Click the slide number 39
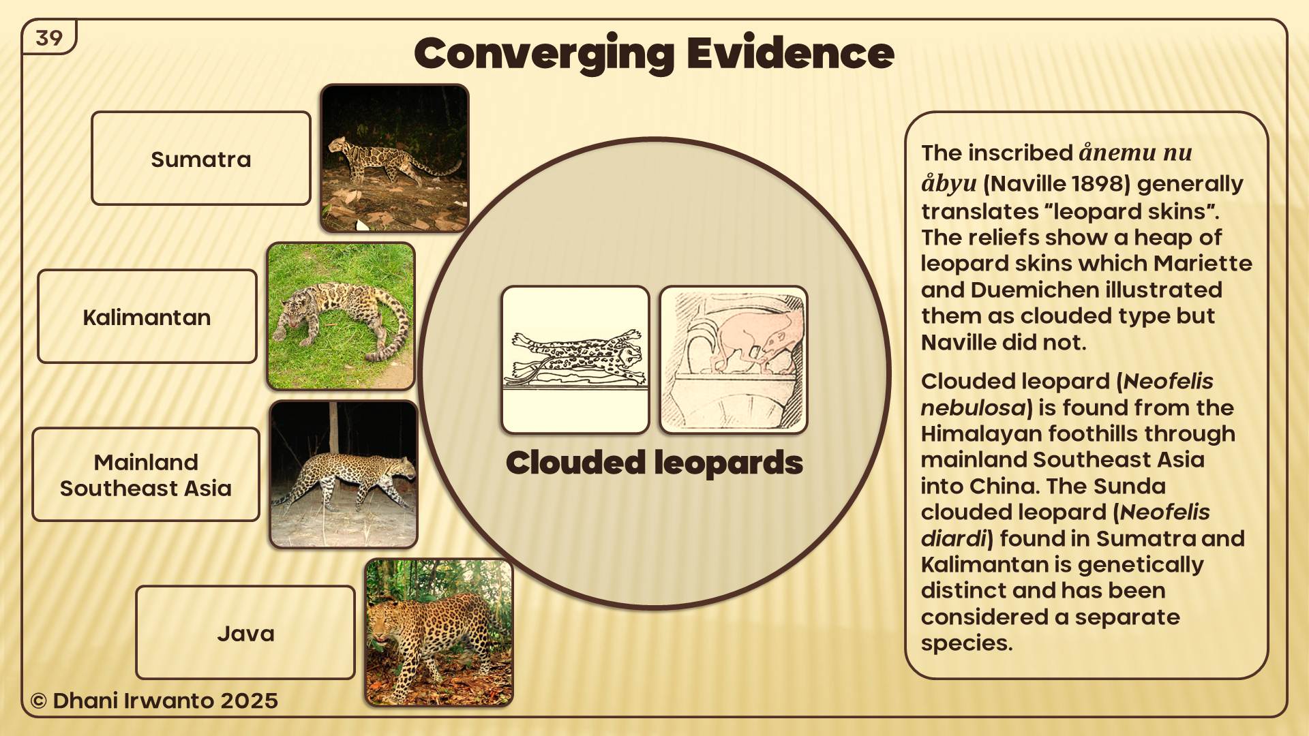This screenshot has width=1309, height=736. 49,38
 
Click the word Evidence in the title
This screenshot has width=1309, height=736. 791,52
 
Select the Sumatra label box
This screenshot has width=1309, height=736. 201,158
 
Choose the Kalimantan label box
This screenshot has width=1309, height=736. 147,316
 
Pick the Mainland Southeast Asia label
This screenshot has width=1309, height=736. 146,474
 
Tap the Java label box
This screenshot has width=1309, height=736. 245,632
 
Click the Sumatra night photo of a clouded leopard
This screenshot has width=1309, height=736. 395,158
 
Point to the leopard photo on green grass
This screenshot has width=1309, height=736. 341,316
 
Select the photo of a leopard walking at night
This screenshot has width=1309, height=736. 344,474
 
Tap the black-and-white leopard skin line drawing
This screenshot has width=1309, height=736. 575,360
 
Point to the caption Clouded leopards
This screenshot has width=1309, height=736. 654,463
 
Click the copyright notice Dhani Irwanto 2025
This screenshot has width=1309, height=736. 154,701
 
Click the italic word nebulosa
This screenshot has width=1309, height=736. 974,408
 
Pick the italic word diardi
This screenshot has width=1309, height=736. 954,538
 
